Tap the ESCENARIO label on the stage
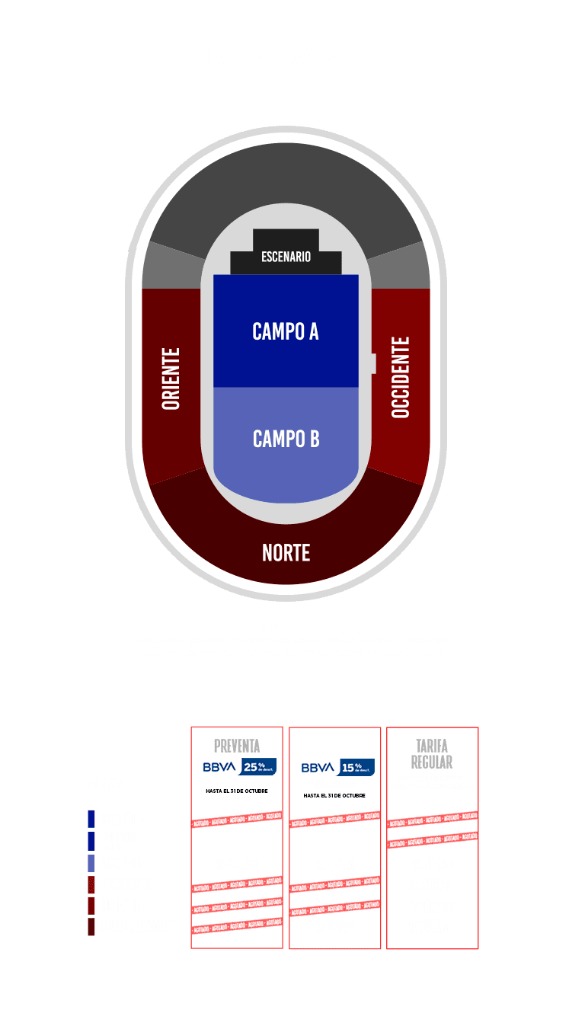pyautogui.click(x=286, y=257)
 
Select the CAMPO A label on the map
pyautogui.click(x=286, y=331)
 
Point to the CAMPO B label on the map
pyautogui.click(x=286, y=439)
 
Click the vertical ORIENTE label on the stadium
pyautogui.click(x=171, y=379)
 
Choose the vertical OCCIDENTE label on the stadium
pyautogui.click(x=401, y=377)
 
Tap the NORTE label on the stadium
pyautogui.click(x=286, y=552)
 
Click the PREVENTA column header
pyautogui.click(x=237, y=745)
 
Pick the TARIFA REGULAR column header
pyautogui.click(x=432, y=753)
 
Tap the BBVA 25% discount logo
pyautogui.click(x=237, y=767)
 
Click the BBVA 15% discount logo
pyautogui.click(x=334, y=767)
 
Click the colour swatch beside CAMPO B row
pyautogui.click(x=91, y=864)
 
